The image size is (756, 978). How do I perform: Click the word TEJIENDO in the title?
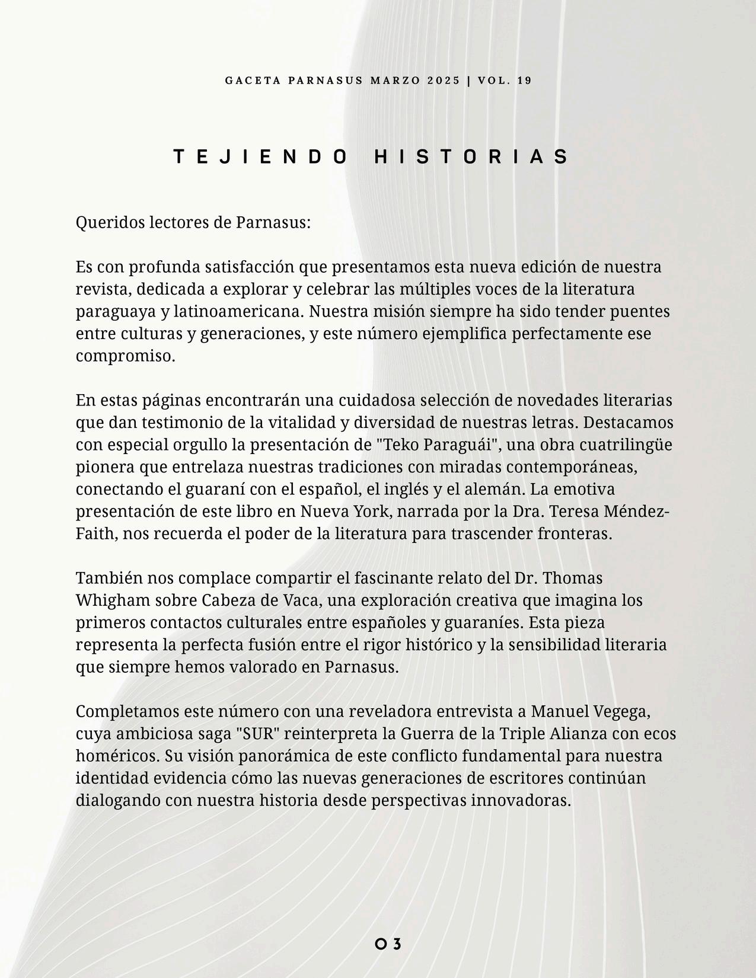[260, 156]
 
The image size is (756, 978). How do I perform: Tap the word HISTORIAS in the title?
[472, 156]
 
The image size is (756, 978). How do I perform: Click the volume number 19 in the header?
[524, 81]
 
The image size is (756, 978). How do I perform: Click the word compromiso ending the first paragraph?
[125, 356]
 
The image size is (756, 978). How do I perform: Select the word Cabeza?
[228, 600]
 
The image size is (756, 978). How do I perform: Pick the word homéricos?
[117, 756]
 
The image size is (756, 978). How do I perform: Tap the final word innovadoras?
[521, 800]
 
